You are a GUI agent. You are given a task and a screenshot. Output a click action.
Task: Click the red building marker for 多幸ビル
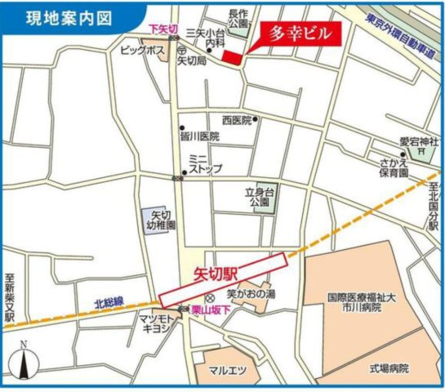[x=234, y=56]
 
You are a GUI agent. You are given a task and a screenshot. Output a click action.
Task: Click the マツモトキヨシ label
[x=154, y=323]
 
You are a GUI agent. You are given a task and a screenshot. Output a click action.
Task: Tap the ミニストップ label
[x=201, y=163]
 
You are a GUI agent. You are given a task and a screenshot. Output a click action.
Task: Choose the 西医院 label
[x=236, y=118]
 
